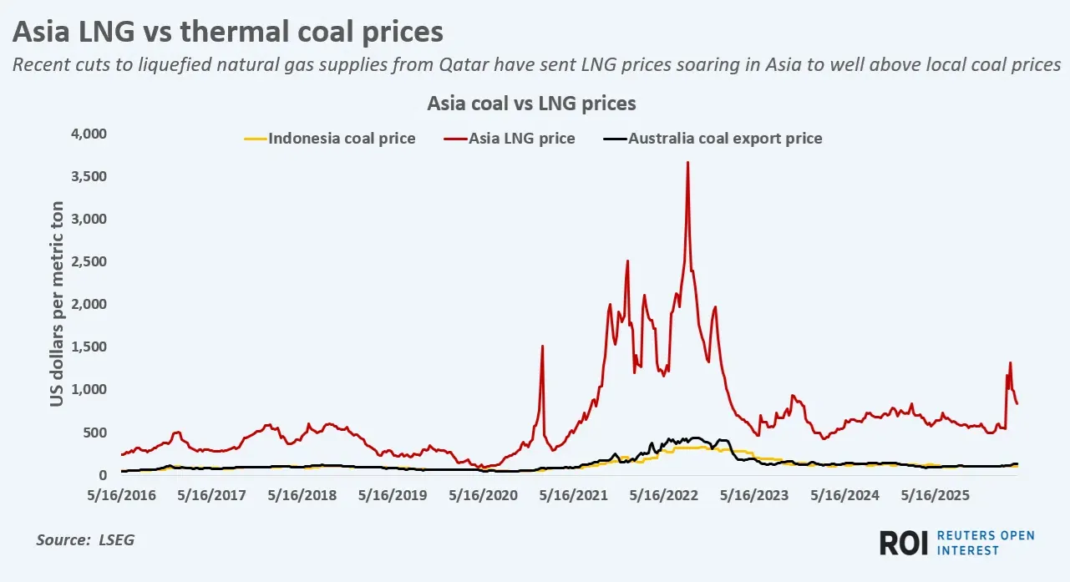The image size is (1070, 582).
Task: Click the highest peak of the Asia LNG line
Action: (687, 163)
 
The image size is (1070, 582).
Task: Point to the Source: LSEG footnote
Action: (85, 540)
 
